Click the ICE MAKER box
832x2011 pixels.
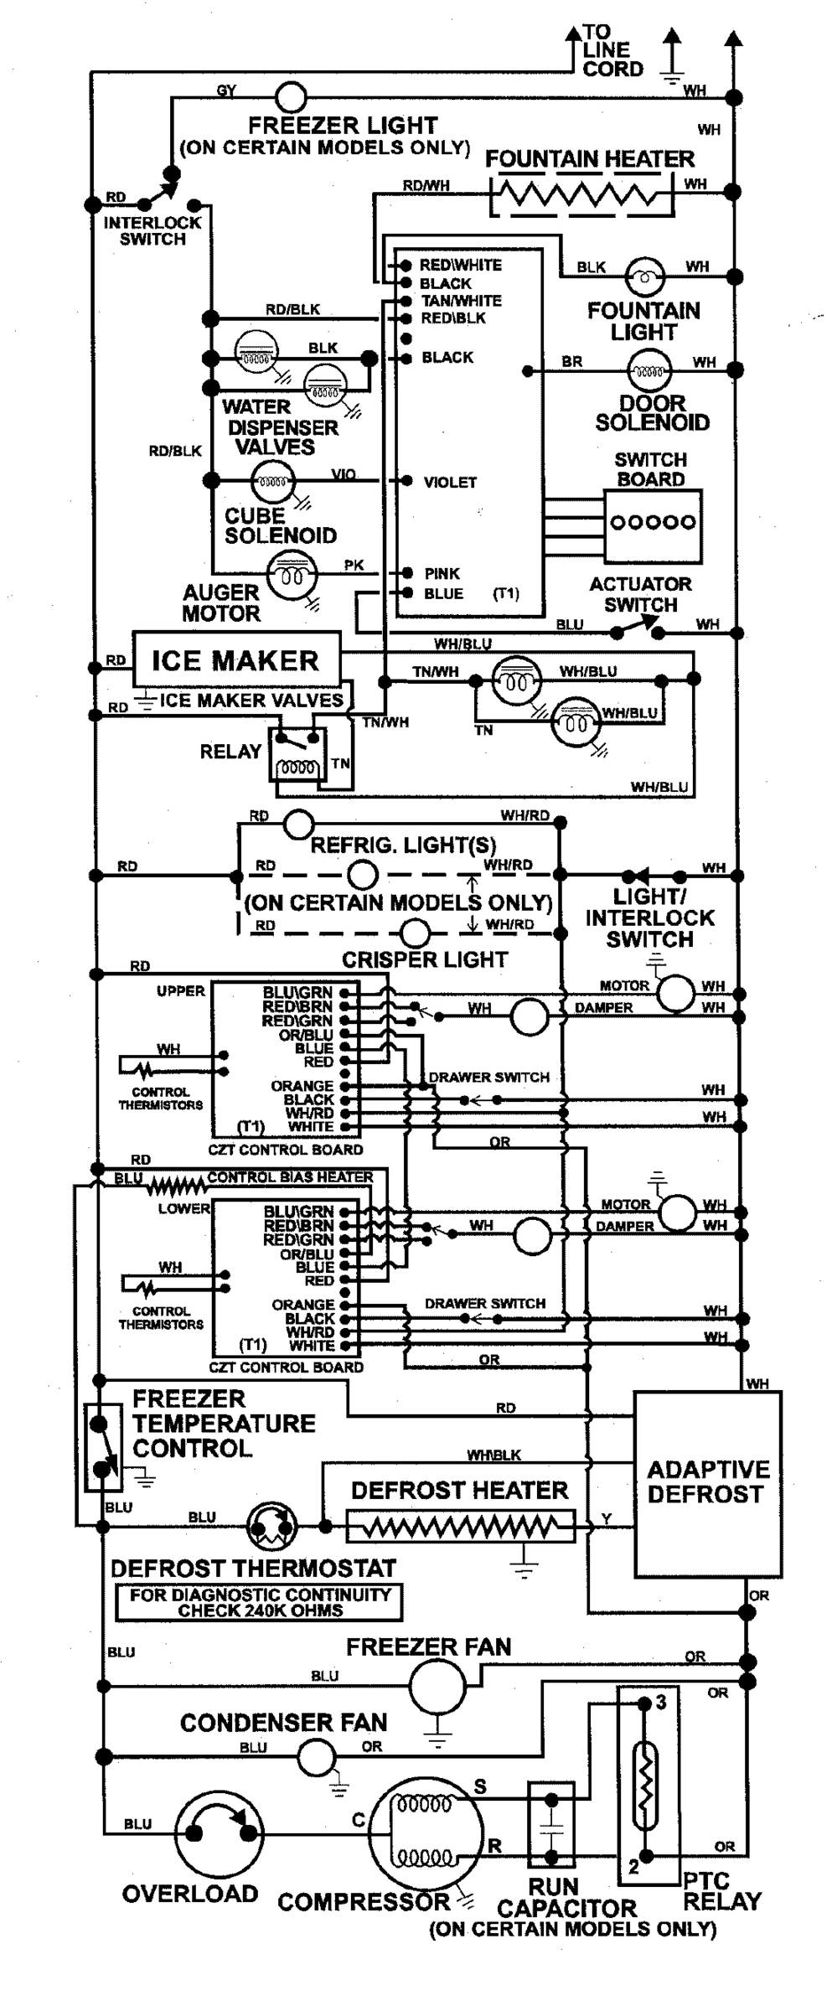(x=236, y=660)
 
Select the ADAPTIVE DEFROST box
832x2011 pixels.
(x=706, y=1483)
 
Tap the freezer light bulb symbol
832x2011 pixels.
(x=291, y=97)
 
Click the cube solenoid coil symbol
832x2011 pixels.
(x=272, y=481)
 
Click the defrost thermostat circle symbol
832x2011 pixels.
(x=271, y=1526)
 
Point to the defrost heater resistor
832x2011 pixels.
(x=461, y=1526)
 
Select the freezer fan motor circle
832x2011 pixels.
(x=437, y=1685)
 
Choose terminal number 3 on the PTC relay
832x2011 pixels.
(x=660, y=1702)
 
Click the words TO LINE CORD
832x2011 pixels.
(x=612, y=51)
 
